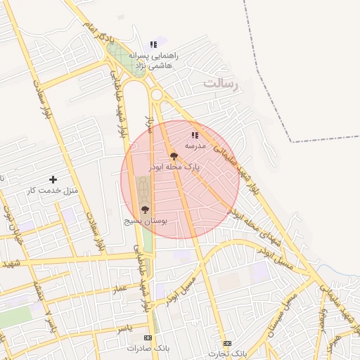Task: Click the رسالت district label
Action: pos(222,84)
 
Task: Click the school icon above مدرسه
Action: pos(195,135)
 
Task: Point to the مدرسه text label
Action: pos(195,146)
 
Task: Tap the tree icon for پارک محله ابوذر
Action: pos(174,157)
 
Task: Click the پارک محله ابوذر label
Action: pos(174,168)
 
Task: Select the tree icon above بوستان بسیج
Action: pos(146,210)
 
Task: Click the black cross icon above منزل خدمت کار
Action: pos(53,180)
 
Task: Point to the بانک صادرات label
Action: pos(143,348)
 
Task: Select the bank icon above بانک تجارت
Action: pos(226,343)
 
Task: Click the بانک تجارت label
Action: pos(226,353)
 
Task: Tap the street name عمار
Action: pos(120,289)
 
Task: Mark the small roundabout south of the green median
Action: pos(156,95)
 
